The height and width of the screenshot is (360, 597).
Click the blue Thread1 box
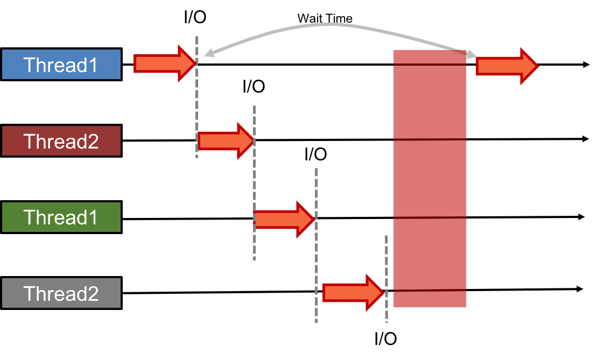pos(61,65)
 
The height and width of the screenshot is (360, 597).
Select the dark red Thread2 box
pos(61,141)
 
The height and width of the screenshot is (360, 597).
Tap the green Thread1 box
pos(61,217)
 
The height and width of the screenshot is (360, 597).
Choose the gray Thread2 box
pos(61,293)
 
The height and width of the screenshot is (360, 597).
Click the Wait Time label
pos(325,18)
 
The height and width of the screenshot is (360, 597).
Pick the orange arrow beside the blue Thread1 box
pos(165,63)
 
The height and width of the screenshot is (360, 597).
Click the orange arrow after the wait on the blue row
pos(507,66)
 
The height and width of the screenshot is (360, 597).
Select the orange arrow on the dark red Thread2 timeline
pos(226,141)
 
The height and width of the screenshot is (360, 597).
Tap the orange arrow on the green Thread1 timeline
pos(284,220)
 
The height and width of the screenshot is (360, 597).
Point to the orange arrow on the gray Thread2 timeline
pos(354,293)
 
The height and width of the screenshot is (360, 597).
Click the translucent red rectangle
pos(430,179)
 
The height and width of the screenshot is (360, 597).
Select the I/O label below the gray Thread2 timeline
pos(385,338)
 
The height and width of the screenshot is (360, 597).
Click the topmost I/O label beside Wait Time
pos(195,17)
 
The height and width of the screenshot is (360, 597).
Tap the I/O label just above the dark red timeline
pos(254,87)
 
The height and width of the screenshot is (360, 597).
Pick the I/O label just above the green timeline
pos(315,154)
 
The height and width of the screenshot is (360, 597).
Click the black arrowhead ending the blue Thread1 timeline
pos(586,65)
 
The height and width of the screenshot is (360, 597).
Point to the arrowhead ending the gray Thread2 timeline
pos(580,289)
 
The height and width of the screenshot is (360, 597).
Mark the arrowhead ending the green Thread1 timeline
pos(581,217)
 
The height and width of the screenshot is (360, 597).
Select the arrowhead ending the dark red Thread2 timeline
pos(586,139)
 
